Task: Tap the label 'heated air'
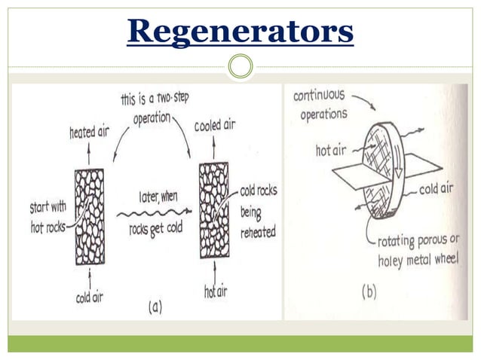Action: tap(89, 133)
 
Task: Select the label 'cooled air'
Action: tap(215, 125)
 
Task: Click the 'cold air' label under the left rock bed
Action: tap(90, 297)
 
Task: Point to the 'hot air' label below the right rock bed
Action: tap(216, 291)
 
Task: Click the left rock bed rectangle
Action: tap(90, 217)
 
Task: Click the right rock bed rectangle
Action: tap(214, 210)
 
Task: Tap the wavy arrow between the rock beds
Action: tap(155, 212)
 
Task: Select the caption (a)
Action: tap(155, 307)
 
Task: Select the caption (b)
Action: tap(369, 291)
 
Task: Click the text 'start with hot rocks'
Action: tap(48, 217)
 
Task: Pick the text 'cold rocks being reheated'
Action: tap(259, 212)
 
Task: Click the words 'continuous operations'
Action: tap(320, 105)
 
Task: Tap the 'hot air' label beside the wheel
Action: tap(331, 151)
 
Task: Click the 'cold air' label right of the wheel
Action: tap(436, 189)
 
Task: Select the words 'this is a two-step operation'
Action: tap(155, 108)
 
